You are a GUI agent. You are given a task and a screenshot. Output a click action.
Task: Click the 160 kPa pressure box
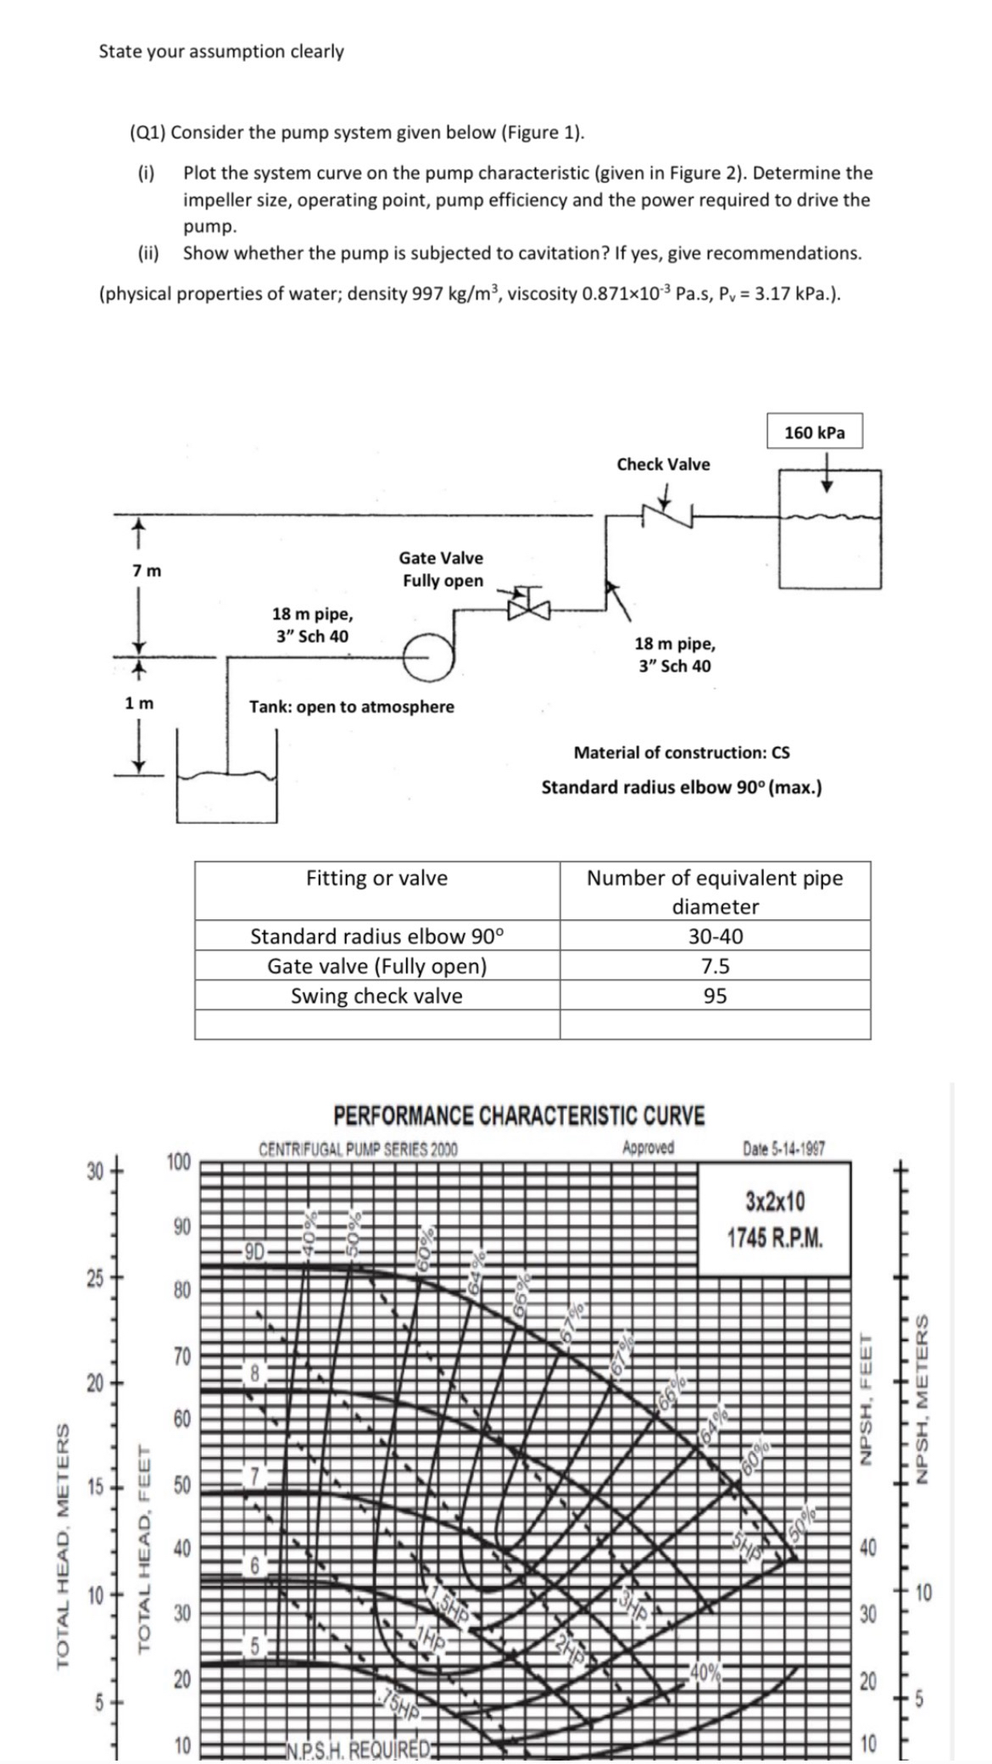pyautogui.click(x=814, y=433)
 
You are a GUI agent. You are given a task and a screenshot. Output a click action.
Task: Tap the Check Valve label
pyautogui.click(x=663, y=464)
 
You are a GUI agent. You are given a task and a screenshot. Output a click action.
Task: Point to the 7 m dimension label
pyautogui.click(x=146, y=571)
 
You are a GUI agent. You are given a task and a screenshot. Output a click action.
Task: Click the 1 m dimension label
pyautogui.click(x=139, y=703)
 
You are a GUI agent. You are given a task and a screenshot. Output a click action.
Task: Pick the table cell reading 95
pyautogui.click(x=715, y=996)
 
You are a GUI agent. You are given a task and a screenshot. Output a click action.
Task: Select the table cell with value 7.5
pyautogui.click(x=715, y=966)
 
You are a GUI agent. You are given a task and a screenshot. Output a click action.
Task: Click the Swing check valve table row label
pyautogui.click(x=376, y=996)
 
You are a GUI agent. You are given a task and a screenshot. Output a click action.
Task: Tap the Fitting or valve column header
pyautogui.click(x=376, y=878)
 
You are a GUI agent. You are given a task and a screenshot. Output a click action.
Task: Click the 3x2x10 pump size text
pyautogui.click(x=775, y=1202)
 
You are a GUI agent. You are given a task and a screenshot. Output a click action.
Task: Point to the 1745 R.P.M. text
pyautogui.click(x=775, y=1237)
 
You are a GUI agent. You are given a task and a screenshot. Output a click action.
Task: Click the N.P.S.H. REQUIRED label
pyautogui.click(x=359, y=1749)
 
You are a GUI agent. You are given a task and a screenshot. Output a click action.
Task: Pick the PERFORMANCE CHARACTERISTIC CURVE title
pyautogui.click(x=519, y=1115)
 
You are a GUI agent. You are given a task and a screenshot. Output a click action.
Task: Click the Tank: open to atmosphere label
pyautogui.click(x=351, y=706)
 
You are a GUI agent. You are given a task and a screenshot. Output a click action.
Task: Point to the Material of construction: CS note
pyautogui.click(x=682, y=752)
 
